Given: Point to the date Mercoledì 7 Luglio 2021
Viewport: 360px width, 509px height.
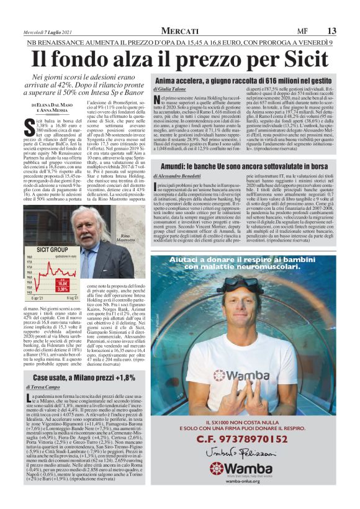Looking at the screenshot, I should click(x=45, y=31).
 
